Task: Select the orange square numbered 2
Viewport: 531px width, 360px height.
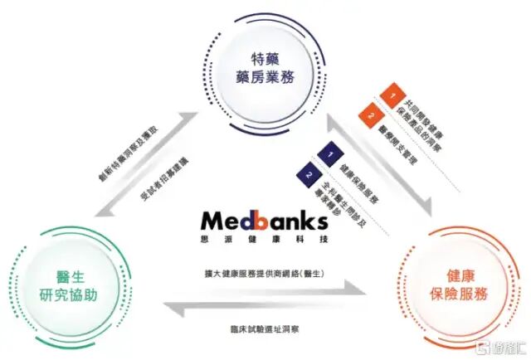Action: pyautogui.click(x=370, y=115)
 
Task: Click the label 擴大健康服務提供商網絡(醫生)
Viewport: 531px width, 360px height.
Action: pyautogui.click(x=266, y=271)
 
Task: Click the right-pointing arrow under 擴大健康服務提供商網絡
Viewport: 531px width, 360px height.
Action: pyautogui.click(x=265, y=289)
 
